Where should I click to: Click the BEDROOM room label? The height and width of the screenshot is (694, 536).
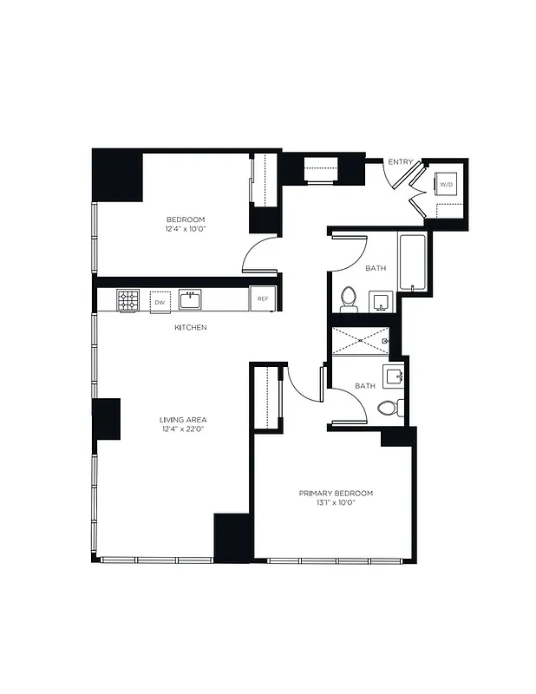tap(186, 219)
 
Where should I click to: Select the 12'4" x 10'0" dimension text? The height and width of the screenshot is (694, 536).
tap(186, 230)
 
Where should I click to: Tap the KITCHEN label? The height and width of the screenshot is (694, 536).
tap(190, 327)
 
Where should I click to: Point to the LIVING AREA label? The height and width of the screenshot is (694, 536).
tap(182, 419)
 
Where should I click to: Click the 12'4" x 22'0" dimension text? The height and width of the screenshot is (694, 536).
tap(182, 429)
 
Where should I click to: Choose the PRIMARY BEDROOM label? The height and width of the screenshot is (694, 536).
tap(336, 493)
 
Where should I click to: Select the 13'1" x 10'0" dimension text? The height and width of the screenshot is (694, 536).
tap(336, 503)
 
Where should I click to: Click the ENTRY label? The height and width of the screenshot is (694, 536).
tap(401, 162)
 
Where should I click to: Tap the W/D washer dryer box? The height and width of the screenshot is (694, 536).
tap(446, 185)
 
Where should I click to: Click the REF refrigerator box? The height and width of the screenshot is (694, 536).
tap(263, 299)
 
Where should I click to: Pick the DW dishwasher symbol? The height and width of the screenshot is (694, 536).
tap(159, 300)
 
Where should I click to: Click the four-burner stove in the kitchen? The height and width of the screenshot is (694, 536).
tap(128, 300)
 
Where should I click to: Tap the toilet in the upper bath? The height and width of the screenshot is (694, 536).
tap(349, 298)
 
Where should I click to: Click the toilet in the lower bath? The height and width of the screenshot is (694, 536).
tap(389, 408)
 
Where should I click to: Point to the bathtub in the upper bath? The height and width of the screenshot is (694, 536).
tap(412, 262)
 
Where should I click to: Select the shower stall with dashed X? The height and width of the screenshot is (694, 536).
tap(360, 341)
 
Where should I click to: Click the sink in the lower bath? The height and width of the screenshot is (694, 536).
tap(395, 375)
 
